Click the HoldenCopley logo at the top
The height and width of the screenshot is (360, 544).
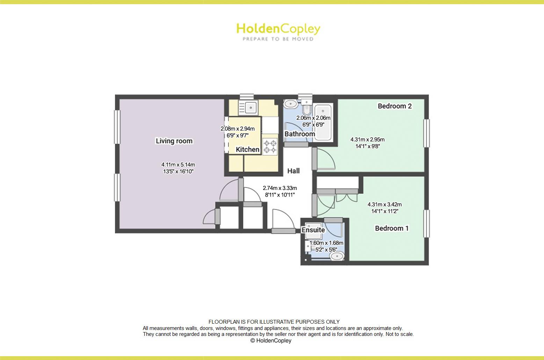pyautogui.click(x=278, y=29)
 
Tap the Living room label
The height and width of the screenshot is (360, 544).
pyautogui.click(x=174, y=141)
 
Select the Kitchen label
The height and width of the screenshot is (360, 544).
pyautogui.click(x=247, y=149)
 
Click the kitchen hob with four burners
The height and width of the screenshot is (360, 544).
pyautogui.click(x=270, y=146)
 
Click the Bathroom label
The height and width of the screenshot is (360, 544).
pyautogui.click(x=299, y=134)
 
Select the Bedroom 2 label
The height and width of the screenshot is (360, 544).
pyautogui.click(x=394, y=106)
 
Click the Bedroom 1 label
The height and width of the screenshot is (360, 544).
pyautogui.click(x=392, y=228)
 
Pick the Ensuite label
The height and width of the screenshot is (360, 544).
pyautogui.click(x=313, y=230)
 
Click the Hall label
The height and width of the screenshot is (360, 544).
pyautogui.click(x=293, y=171)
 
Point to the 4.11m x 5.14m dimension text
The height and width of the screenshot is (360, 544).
pyautogui.click(x=178, y=165)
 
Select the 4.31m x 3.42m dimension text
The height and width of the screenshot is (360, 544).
pyautogui.click(x=384, y=205)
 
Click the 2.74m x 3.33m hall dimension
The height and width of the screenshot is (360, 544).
pyautogui.click(x=280, y=188)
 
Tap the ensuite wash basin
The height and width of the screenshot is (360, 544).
pyautogui.click(x=337, y=256)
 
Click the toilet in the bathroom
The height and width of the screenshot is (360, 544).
pyautogui.click(x=306, y=107)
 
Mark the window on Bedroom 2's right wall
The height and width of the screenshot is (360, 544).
pyautogui.click(x=426, y=133)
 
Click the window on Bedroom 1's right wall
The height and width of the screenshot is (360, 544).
pyautogui.click(x=426, y=223)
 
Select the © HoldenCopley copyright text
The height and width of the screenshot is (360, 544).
pyautogui.click(x=271, y=341)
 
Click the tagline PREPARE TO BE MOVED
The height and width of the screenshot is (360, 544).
pyautogui.click(x=278, y=39)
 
